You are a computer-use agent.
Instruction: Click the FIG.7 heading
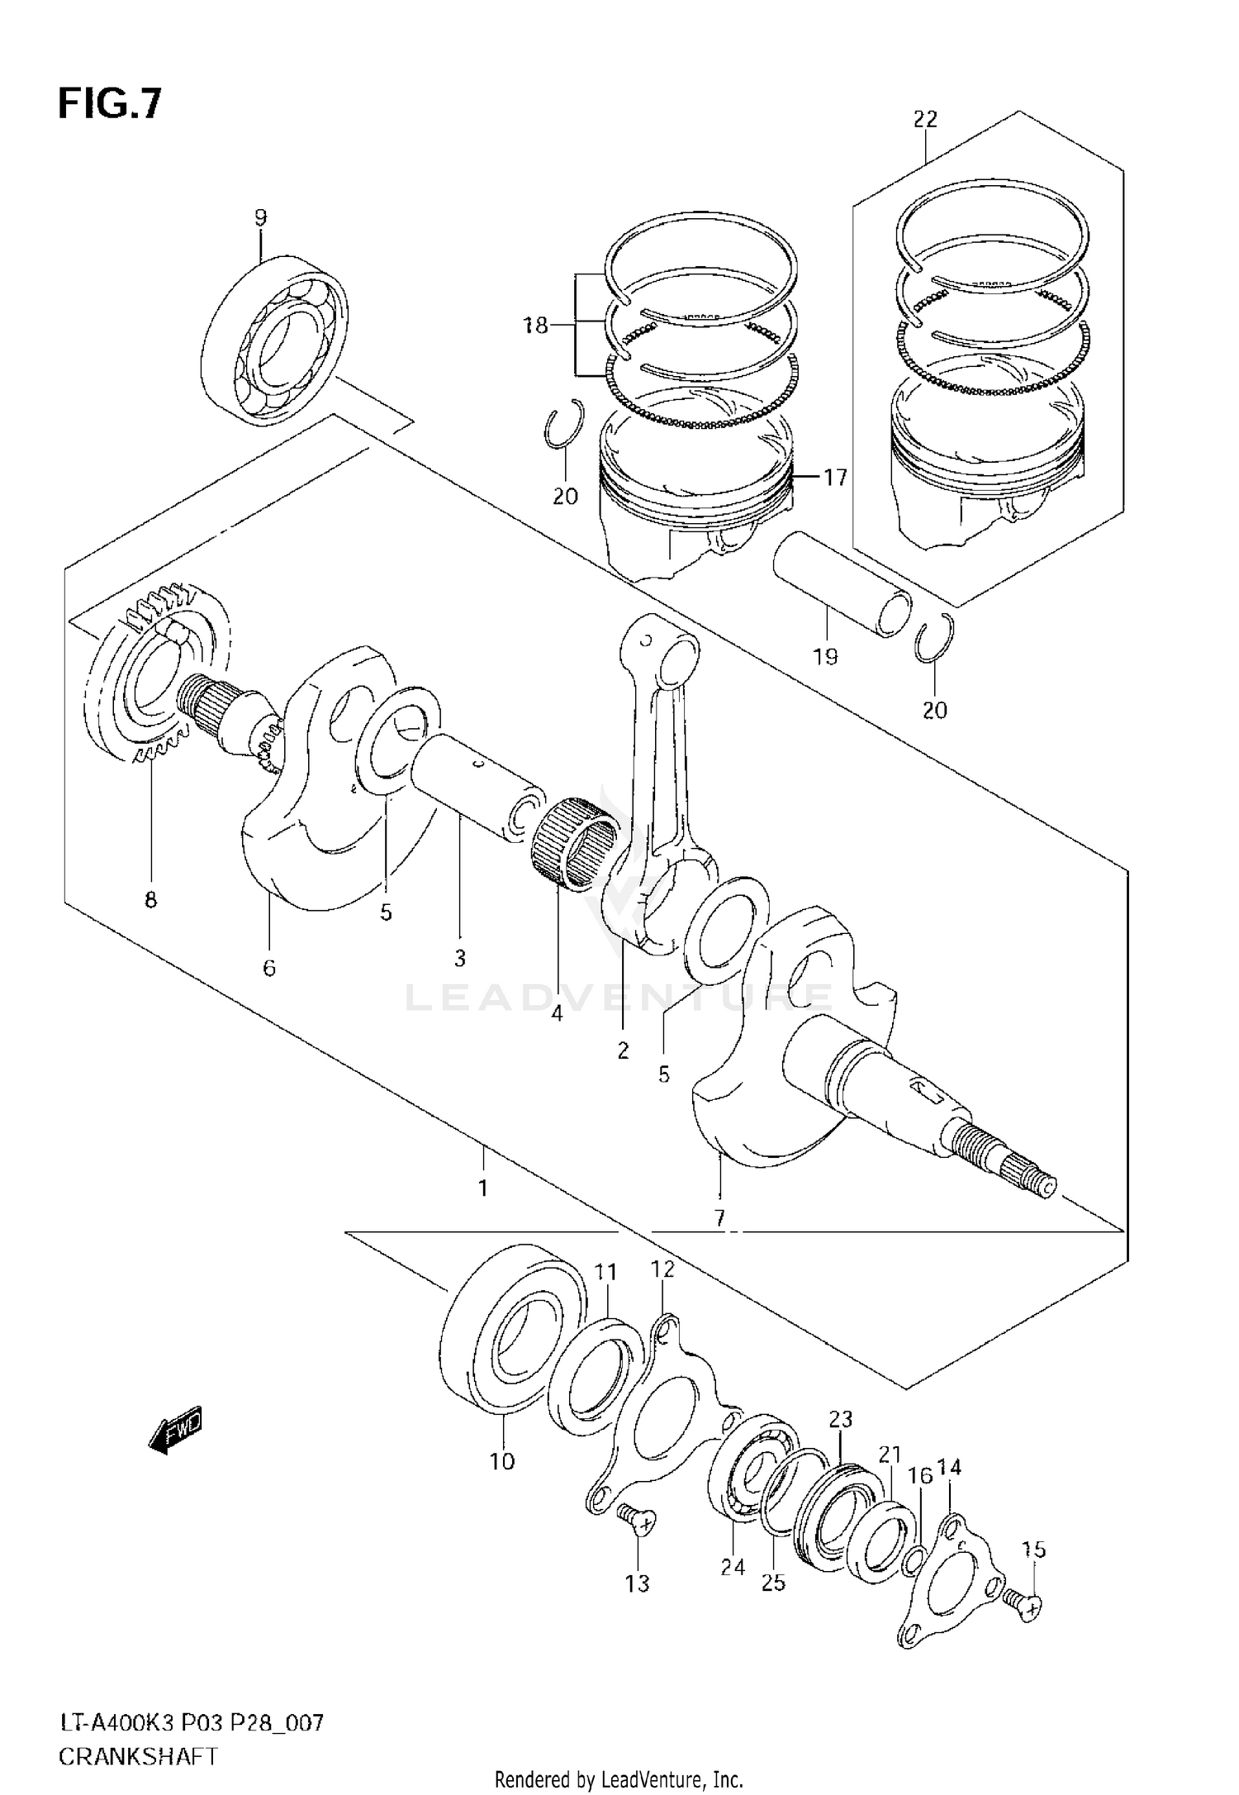pyautogui.click(x=110, y=104)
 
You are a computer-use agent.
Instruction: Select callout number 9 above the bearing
pyautogui.click(x=260, y=218)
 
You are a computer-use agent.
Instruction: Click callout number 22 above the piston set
pyautogui.click(x=925, y=119)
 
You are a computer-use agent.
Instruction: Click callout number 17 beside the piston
pyautogui.click(x=835, y=477)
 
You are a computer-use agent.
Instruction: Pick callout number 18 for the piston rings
pyautogui.click(x=536, y=326)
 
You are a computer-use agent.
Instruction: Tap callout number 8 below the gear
pyautogui.click(x=150, y=899)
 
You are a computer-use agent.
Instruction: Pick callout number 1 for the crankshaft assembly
pyautogui.click(x=482, y=1188)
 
